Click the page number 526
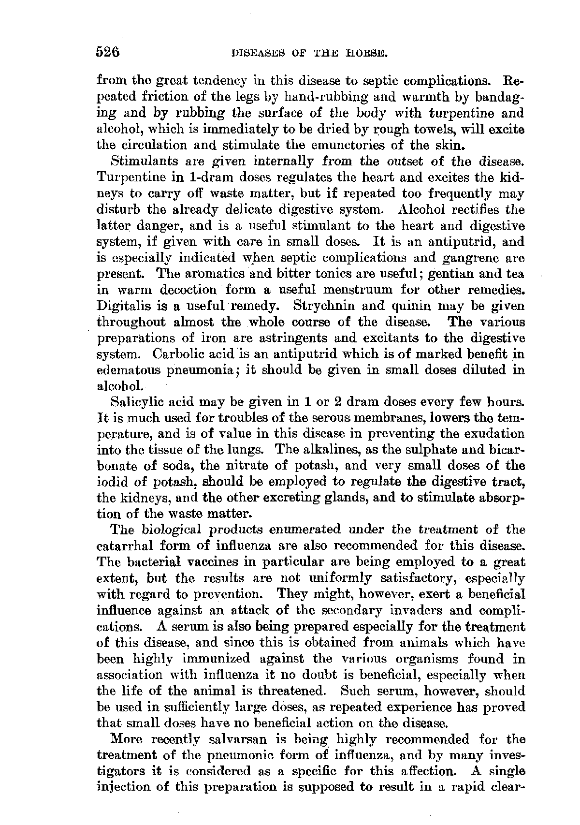(x=108, y=52)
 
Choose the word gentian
(x=447, y=274)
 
